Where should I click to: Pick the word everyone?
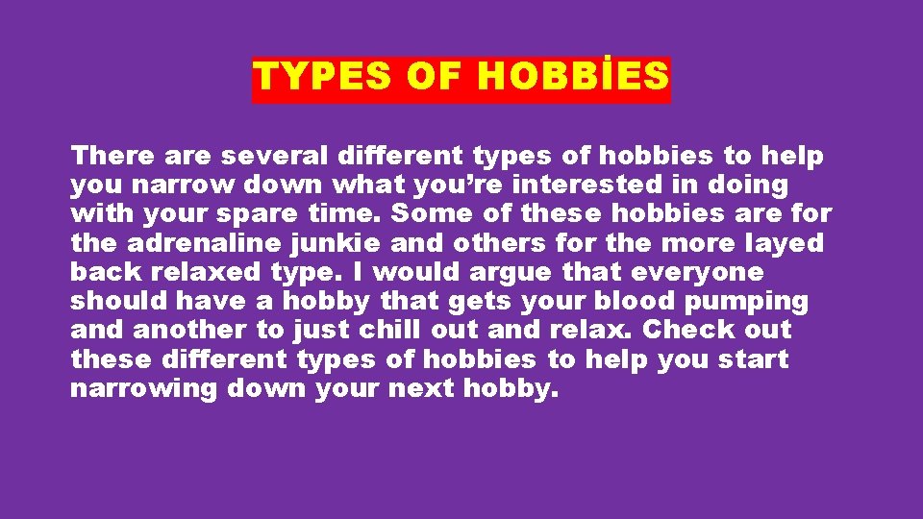[x=697, y=272]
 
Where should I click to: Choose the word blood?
[x=629, y=302]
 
